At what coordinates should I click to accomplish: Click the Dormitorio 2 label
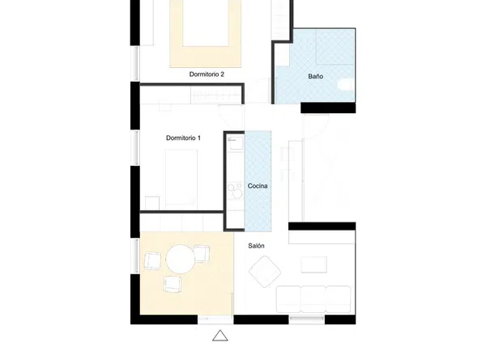pos(207,74)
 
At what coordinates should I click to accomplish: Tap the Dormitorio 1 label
pos(183,138)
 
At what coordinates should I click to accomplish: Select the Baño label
pos(316,76)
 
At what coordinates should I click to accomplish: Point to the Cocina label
pos(258,186)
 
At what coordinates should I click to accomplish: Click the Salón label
pos(256,246)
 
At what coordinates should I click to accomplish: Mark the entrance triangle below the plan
pos(220,336)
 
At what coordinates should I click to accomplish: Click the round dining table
pos(180,259)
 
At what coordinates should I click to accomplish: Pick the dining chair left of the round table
pos(152,260)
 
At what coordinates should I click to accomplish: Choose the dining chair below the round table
pos(173,284)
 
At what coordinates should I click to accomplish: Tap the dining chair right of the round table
pos(202,253)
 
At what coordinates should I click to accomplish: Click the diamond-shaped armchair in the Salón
pos(265,272)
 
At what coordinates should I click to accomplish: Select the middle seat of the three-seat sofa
pos(313,299)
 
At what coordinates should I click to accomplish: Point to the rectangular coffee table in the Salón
pos(314,265)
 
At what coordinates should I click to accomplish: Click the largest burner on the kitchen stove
pos(237,193)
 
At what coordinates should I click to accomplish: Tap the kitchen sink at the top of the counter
pos(235,143)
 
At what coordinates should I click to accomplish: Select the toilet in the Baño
pos(346,85)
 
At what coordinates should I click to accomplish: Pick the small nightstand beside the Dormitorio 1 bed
pos(152,203)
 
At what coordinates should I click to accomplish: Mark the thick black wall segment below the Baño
pos(328,108)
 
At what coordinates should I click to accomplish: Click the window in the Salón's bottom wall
pos(307,320)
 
